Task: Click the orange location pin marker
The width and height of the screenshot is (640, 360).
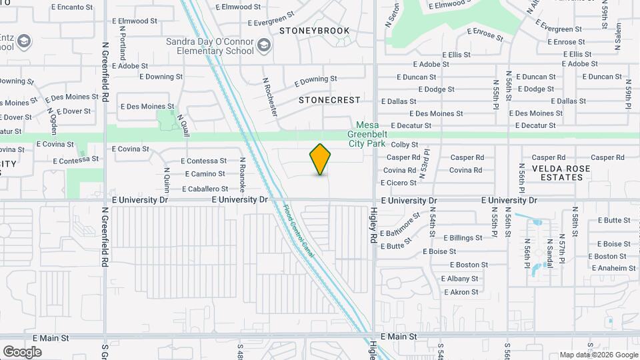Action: point(321,159)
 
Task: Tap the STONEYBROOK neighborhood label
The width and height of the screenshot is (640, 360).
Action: point(315,31)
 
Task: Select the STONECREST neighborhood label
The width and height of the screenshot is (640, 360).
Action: point(329,100)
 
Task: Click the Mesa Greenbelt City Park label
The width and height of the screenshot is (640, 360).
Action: point(367,133)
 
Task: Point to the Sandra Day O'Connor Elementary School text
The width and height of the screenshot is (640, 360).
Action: point(209,46)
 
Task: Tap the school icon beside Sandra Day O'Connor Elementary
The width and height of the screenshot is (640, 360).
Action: point(263,45)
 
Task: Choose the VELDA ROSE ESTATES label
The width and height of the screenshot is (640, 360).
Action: point(557,173)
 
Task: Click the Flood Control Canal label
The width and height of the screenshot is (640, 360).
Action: point(299,231)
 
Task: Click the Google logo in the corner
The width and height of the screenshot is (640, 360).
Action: point(22,351)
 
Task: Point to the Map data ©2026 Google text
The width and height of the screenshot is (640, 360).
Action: point(598,355)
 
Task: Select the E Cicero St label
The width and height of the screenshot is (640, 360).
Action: point(399,183)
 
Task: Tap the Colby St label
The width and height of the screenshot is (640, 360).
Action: point(404,145)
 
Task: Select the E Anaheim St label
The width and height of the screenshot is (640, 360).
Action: point(612,268)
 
